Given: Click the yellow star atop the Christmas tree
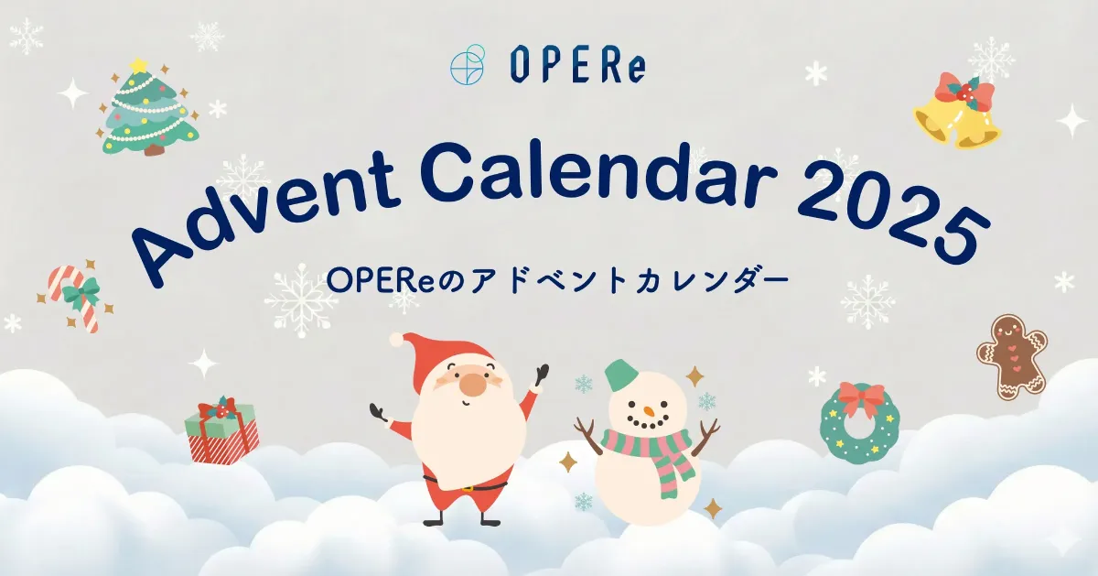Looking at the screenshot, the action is click(139, 65).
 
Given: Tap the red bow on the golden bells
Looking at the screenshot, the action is click(964, 92).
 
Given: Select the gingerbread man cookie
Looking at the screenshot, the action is click(1012, 356).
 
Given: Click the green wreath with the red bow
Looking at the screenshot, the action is click(860, 421).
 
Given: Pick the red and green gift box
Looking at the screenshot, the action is click(221, 429).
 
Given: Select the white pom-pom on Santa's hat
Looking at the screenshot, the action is click(396, 339).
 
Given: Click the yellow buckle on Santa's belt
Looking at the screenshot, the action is click(468, 489).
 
